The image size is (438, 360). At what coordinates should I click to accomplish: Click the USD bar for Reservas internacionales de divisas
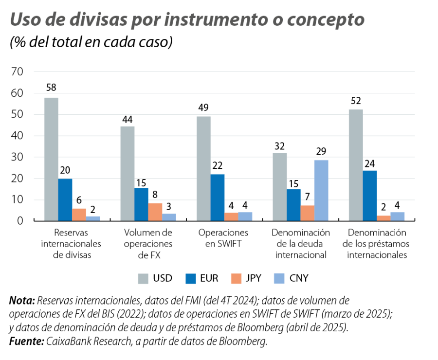(51, 159)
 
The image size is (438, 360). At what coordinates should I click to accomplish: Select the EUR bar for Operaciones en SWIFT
(218, 197)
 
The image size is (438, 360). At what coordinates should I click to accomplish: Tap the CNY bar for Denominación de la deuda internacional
(321, 190)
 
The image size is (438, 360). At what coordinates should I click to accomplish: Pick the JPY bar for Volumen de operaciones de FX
(155, 212)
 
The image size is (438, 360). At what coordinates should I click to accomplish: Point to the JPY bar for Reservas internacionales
(79, 215)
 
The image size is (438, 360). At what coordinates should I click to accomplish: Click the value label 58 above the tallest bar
(51, 88)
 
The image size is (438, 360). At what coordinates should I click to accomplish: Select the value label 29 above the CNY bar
(321, 151)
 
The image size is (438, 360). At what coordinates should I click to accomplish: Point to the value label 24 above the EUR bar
(370, 162)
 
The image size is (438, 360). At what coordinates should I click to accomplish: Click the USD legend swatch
(143, 278)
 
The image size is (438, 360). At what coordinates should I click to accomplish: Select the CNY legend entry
(299, 278)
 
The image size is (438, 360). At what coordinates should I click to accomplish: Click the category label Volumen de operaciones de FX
(148, 243)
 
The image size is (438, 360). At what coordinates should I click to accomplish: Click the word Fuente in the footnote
(26, 342)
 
